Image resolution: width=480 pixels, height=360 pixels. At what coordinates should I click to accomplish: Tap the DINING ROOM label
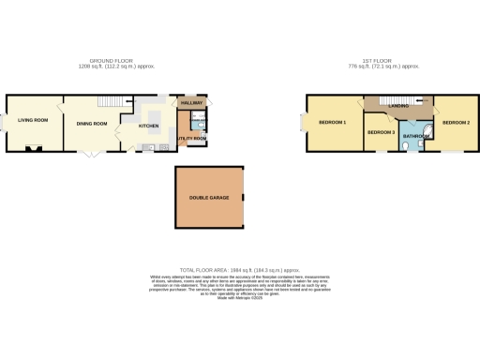click(92, 124)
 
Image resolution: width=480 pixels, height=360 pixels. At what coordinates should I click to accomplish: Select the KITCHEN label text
click(149, 125)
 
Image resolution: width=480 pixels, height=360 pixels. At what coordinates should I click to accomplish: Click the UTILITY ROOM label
click(191, 138)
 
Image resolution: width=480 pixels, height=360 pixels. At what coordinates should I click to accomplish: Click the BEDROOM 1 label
click(331, 122)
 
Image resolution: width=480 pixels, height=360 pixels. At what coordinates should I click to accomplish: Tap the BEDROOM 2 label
click(456, 123)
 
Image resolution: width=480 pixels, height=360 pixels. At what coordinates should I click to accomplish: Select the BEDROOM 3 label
click(381, 132)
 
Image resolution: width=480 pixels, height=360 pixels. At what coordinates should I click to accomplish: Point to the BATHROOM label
click(415, 137)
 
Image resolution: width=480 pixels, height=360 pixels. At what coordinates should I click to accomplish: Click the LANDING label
click(397, 107)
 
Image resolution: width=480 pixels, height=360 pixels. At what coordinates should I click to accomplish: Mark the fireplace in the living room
click(37, 147)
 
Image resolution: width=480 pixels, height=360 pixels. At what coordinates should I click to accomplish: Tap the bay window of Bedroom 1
click(300, 122)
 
